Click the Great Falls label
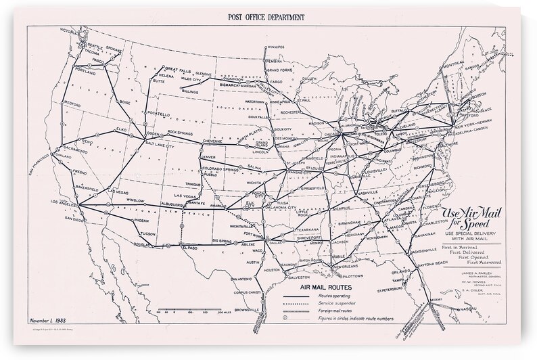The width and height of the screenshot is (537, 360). [x=179, y=70]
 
